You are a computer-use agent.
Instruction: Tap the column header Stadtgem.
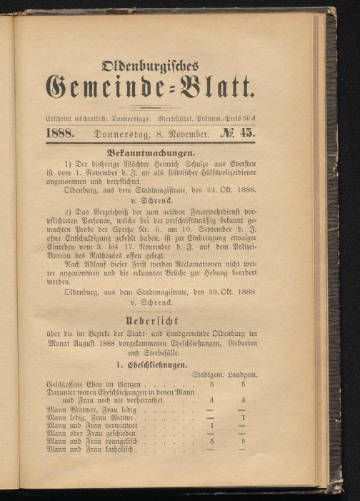click(x=211, y=374)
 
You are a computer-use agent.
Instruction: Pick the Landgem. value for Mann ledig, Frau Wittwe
click(x=244, y=418)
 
